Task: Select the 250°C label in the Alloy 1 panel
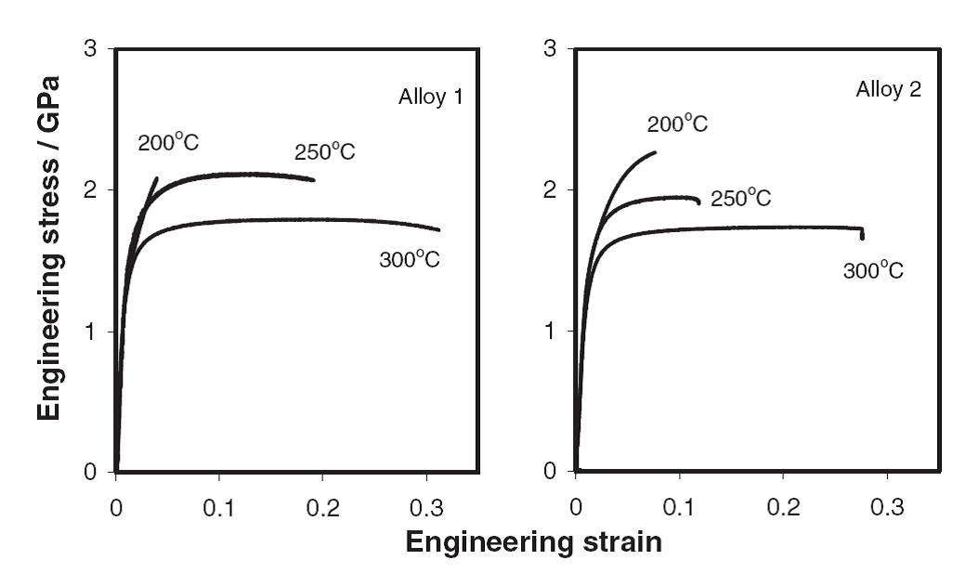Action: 325,151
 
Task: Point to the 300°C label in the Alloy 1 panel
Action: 409,259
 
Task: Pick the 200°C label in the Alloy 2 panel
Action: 678,124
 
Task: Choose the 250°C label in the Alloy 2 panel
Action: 741,197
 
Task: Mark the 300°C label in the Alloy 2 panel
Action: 873,270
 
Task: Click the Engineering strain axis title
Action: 534,542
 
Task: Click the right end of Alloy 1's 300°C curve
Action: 438,229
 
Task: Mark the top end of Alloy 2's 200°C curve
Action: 655,152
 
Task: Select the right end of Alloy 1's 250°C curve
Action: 314,179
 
